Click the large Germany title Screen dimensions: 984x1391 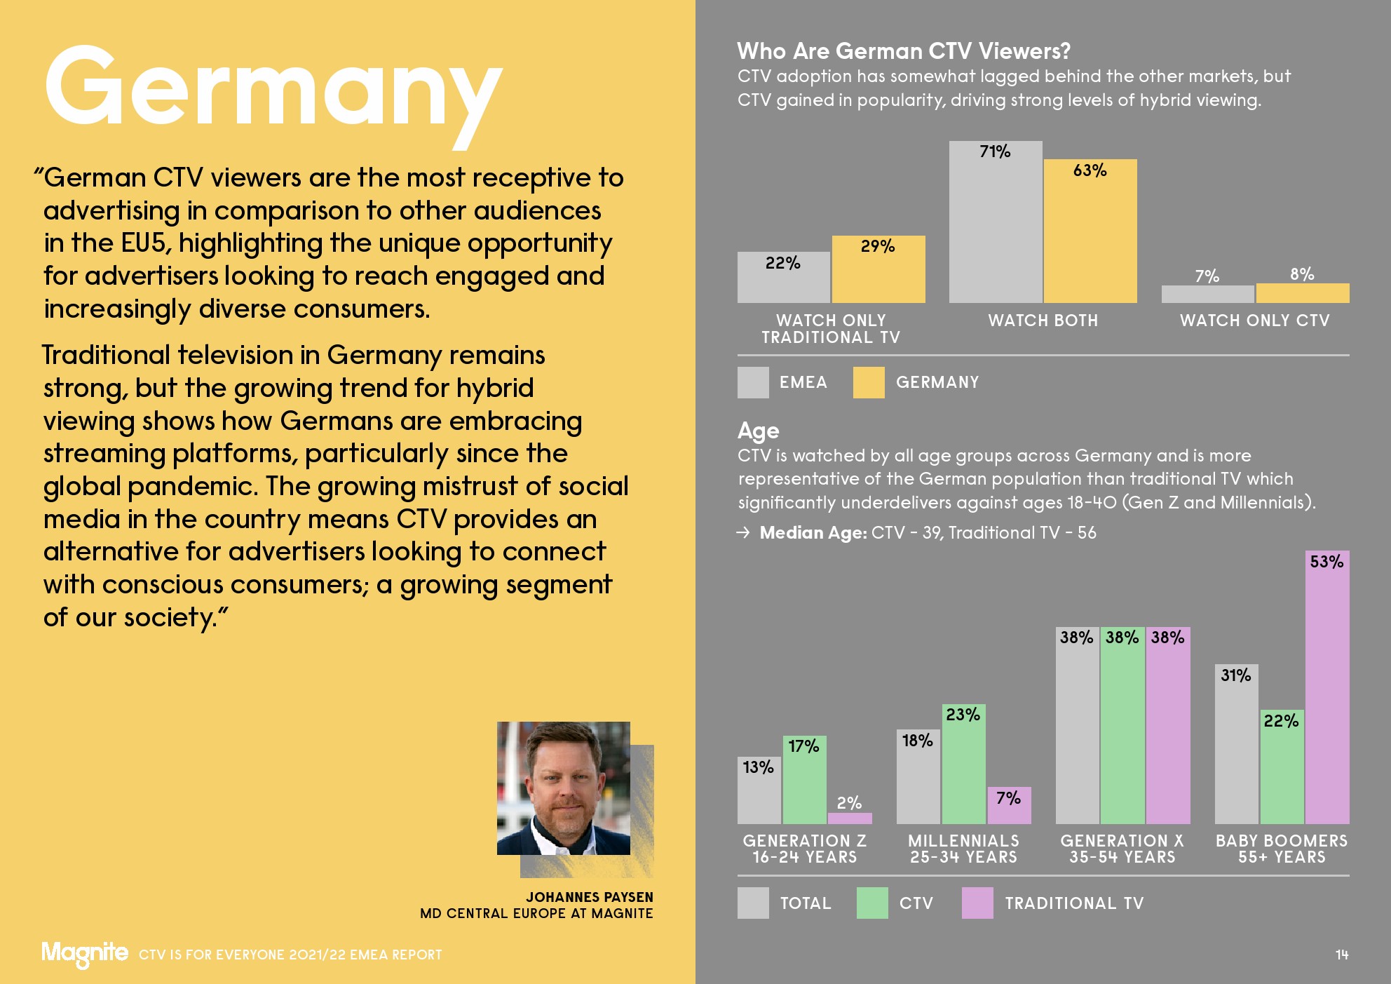(273, 91)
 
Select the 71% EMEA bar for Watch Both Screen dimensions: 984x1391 (996, 224)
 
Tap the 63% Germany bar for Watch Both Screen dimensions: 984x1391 (1090, 235)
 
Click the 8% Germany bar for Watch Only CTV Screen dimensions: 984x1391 (1303, 293)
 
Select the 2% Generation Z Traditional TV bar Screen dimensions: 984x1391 (850, 818)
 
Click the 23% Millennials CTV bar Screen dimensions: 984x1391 (963, 768)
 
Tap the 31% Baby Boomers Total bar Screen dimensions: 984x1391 (1236, 747)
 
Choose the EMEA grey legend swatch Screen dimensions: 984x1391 (753, 383)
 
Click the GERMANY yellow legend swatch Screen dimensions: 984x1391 (869, 383)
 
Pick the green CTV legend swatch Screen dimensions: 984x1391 (872, 903)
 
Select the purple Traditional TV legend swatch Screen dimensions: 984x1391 (977, 903)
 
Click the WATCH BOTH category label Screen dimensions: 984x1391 (1043, 321)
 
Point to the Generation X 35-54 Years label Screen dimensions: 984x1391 (1122, 849)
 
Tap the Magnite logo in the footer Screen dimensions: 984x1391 (84, 953)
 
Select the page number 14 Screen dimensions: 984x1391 (1342, 955)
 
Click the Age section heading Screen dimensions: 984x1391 (758, 431)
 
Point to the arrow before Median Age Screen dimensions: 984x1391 (743, 533)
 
